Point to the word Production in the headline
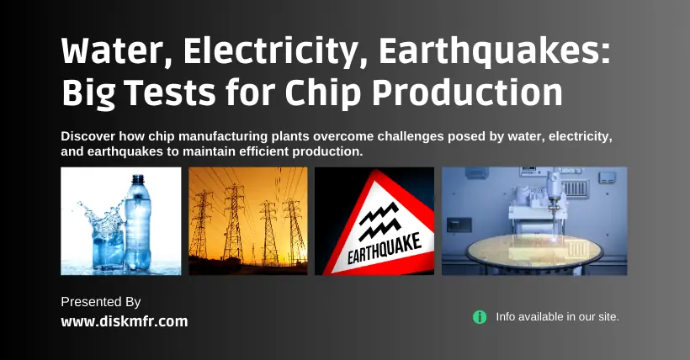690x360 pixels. (x=467, y=93)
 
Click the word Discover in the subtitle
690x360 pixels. (x=88, y=136)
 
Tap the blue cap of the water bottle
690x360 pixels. (x=138, y=179)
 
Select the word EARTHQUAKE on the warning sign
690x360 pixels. (x=385, y=249)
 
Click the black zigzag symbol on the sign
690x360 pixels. (x=379, y=222)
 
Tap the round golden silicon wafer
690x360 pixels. (x=533, y=250)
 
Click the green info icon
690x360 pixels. (x=480, y=317)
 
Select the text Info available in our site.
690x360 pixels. (x=558, y=317)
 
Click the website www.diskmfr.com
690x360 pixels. (x=125, y=321)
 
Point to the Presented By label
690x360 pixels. (x=101, y=302)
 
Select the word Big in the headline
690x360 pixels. (x=88, y=94)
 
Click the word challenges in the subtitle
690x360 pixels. (x=411, y=136)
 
